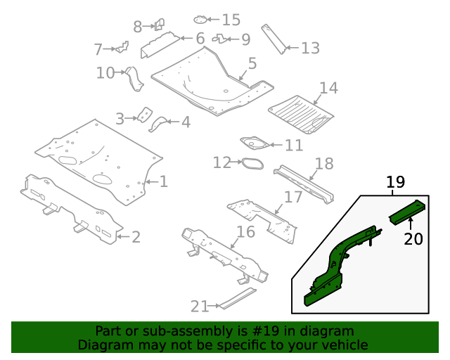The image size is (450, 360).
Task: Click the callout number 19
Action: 396,183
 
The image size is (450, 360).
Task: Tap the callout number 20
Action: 413,239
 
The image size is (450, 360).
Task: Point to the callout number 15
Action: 231,20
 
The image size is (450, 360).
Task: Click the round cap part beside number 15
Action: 200,20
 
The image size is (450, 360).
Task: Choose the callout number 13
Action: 310,48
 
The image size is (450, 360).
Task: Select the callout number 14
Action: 328,88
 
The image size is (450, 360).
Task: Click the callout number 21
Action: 200,306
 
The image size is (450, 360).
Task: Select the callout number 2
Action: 136,237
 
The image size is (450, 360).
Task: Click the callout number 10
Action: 105,72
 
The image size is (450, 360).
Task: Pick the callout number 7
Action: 103,49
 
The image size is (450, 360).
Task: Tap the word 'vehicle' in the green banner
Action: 345,345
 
